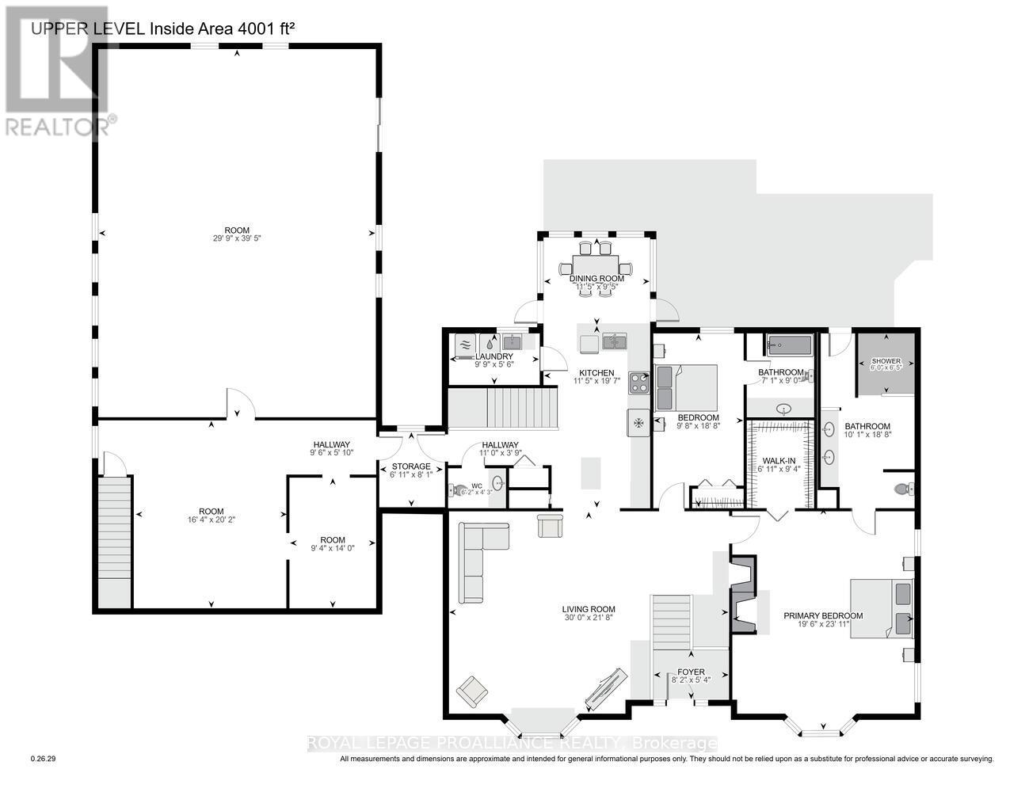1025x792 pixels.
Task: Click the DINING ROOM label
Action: tap(596, 279)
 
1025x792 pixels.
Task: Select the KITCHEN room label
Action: tap(596, 373)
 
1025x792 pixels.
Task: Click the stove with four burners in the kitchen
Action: tap(638, 383)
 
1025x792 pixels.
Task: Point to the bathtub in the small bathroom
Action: tap(789, 346)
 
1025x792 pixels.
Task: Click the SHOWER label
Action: tap(886, 361)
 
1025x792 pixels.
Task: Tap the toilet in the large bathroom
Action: tap(903, 489)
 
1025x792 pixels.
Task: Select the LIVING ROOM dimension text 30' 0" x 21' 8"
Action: tap(584, 618)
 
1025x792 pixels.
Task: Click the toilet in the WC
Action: tap(456, 490)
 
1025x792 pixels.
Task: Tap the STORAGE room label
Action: tap(410, 466)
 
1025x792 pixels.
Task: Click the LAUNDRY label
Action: tap(494, 356)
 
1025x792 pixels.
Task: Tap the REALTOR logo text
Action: tap(57, 125)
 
